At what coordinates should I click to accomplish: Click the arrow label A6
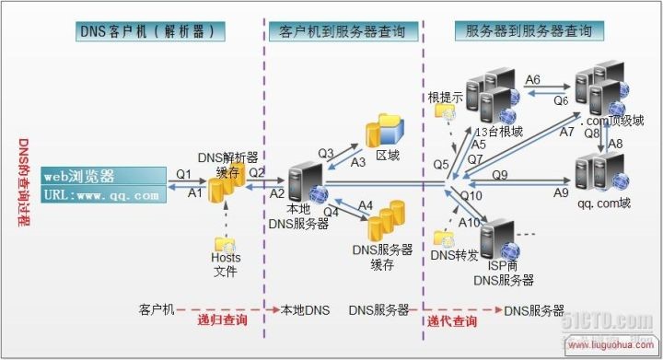(533, 81)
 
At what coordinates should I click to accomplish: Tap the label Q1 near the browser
(183, 172)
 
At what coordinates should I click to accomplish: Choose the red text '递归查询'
(222, 321)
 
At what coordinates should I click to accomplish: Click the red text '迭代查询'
(452, 321)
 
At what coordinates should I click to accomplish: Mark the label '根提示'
(444, 96)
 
